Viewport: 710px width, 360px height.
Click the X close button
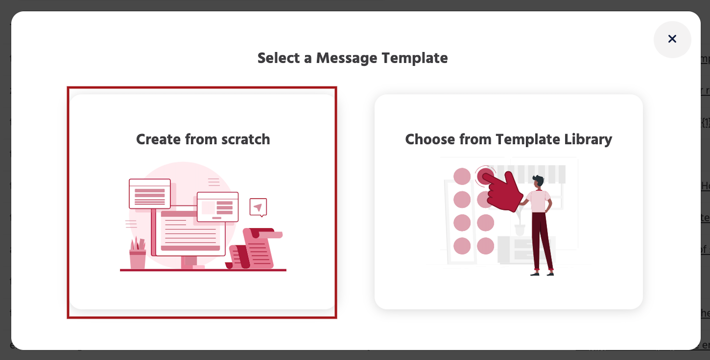(672, 39)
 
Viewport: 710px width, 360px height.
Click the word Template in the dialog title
(414, 58)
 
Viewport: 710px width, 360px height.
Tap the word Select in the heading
(278, 58)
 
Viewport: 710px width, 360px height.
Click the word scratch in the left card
(246, 139)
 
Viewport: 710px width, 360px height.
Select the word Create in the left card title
(158, 139)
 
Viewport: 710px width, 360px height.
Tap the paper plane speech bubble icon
(258, 207)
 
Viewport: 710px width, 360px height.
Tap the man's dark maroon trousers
(541, 240)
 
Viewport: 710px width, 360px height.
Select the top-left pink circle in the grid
(462, 176)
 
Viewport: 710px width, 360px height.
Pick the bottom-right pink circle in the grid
(485, 246)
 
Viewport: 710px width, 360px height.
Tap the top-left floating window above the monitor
(150, 194)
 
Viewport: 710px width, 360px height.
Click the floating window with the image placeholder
(217, 207)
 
